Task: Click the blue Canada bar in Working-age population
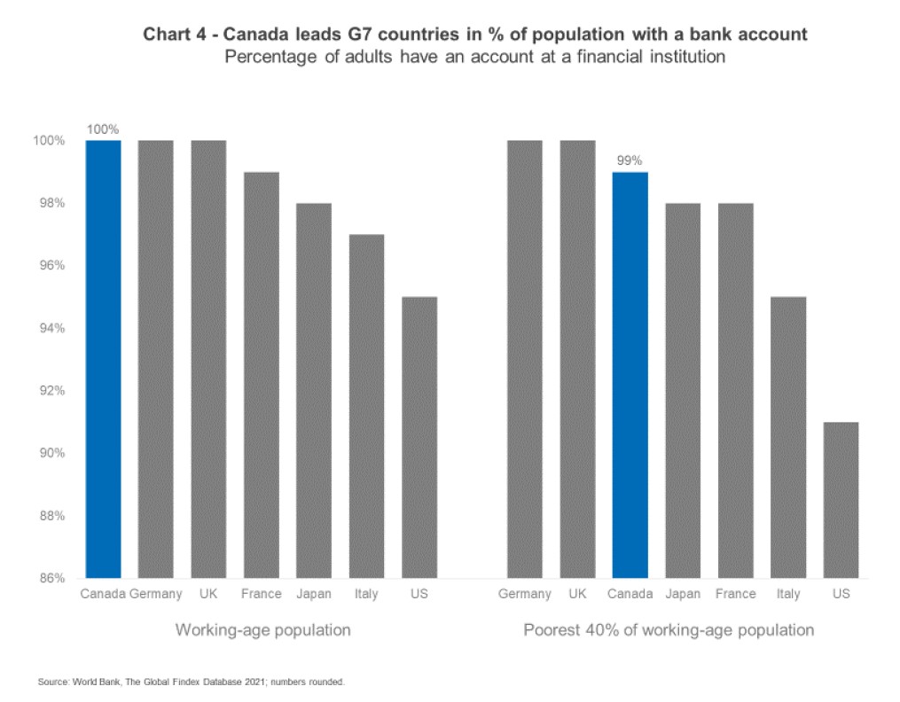[103, 359]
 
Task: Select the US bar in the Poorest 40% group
[841, 500]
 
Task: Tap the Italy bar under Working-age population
[366, 406]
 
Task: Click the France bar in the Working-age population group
[261, 375]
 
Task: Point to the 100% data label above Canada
[103, 129]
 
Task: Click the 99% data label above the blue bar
[630, 161]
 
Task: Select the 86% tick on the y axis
[50, 578]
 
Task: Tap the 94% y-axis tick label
[50, 328]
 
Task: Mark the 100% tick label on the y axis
[48, 141]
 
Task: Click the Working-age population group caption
[262, 630]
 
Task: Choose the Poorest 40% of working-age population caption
[669, 630]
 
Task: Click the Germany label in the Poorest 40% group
[524, 594]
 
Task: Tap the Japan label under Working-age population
[314, 594]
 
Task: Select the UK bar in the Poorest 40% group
[577, 359]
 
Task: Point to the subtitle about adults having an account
[475, 58]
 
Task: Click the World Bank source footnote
[191, 682]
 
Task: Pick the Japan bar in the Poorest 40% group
[682, 390]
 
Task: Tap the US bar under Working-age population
[419, 437]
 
